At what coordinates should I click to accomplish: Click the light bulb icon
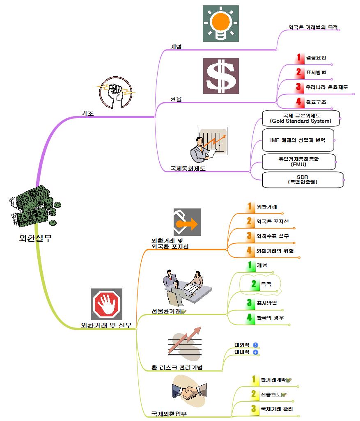click(x=220, y=23)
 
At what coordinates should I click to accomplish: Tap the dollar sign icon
click(x=220, y=76)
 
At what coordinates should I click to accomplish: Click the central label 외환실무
click(x=36, y=238)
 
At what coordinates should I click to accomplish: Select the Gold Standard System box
click(x=301, y=118)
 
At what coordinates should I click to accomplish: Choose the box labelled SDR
click(x=303, y=179)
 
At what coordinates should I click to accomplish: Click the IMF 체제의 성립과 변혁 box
click(x=298, y=140)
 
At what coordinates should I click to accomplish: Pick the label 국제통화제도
click(x=188, y=168)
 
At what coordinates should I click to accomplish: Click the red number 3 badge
click(x=298, y=87)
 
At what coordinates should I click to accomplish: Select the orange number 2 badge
click(x=249, y=221)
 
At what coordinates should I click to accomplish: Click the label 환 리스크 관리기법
click(x=177, y=367)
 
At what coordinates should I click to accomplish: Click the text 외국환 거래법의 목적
click(x=313, y=27)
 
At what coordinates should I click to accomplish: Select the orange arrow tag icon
click(x=187, y=222)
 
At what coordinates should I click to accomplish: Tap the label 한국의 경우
click(x=270, y=318)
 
